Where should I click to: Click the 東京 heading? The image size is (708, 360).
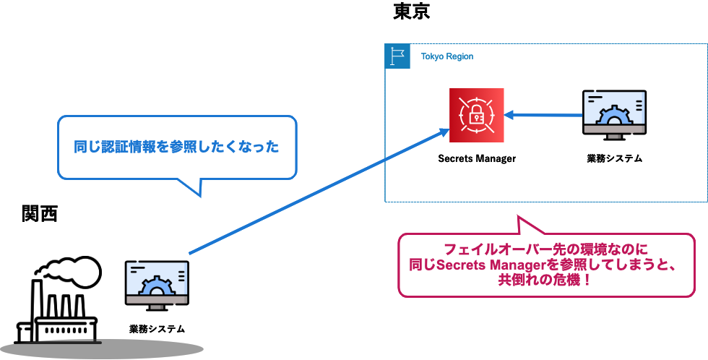click(411, 12)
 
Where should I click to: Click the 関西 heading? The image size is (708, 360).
click(40, 214)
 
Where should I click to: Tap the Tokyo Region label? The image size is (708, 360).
click(447, 56)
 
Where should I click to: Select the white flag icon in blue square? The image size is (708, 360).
click(397, 56)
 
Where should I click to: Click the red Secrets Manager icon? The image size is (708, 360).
click(476, 115)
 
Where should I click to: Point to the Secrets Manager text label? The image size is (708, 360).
click(477, 158)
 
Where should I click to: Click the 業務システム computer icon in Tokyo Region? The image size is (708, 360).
click(614, 115)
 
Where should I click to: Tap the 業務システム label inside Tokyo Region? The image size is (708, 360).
click(614, 158)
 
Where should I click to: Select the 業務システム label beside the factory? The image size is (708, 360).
click(157, 329)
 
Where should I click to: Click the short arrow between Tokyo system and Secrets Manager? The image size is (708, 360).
click(543, 115)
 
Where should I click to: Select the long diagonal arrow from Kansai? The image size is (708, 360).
click(319, 192)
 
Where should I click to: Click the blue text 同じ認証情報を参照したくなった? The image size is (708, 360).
click(176, 147)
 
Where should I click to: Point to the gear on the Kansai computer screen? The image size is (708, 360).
click(157, 287)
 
